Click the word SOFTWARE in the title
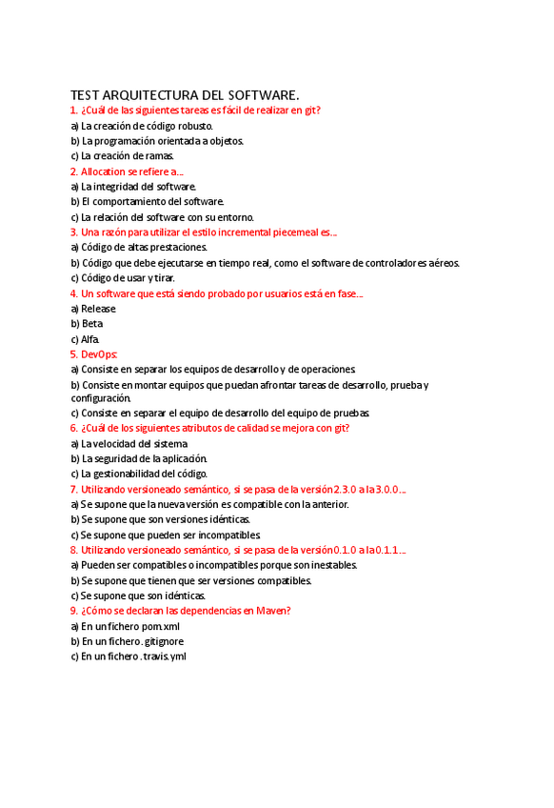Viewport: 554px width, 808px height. [260, 95]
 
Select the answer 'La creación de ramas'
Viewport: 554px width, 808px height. [127, 156]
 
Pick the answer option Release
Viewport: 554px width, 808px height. [98, 309]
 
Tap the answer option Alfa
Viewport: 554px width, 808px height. [89, 339]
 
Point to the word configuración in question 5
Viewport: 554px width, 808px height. [100, 397]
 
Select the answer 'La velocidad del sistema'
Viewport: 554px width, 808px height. [133, 443]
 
